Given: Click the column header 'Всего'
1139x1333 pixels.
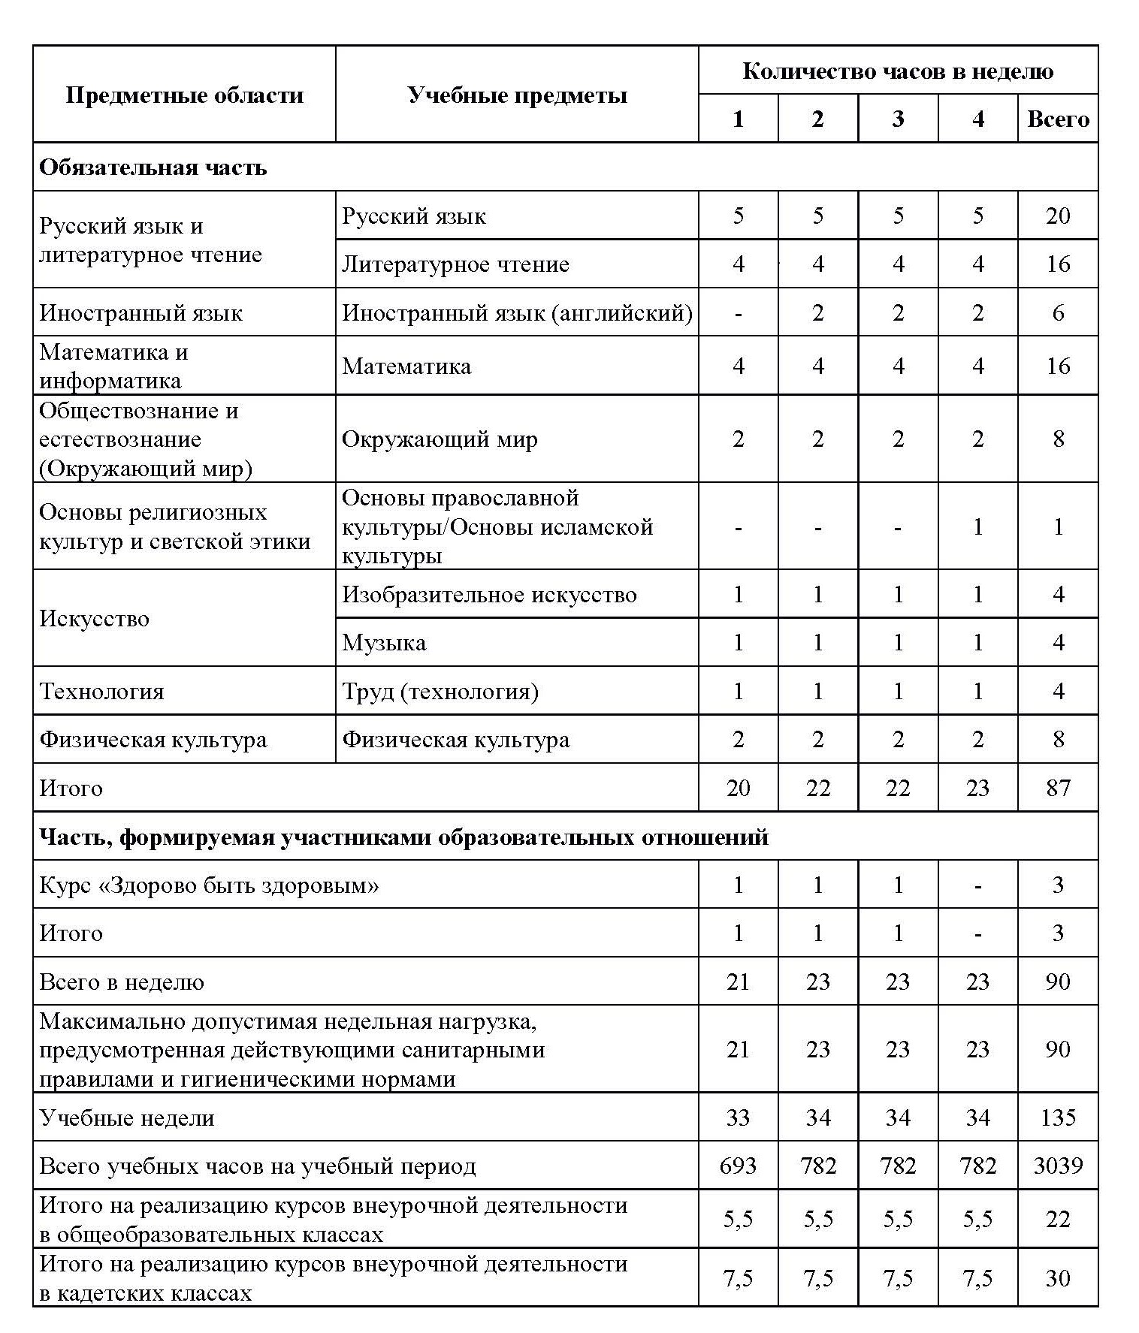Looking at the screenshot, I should tap(1057, 119).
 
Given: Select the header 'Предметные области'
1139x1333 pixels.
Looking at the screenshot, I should tap(184, 95).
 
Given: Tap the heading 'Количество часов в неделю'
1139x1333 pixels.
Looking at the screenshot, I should tap(898, 71).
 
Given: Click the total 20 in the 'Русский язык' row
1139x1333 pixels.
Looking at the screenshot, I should tap(1057, 216).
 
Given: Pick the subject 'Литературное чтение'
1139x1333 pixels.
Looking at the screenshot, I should tap(455, 264).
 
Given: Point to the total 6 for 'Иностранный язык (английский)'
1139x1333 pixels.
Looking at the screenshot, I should tap(1057, 312).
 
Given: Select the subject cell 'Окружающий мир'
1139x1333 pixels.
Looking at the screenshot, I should tap(440, 439).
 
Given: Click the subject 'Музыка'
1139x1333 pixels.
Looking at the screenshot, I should tap(384, 643).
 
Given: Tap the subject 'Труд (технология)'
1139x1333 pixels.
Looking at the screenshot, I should tap(440, 691).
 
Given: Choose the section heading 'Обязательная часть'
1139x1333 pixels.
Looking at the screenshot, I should tap(153, 167).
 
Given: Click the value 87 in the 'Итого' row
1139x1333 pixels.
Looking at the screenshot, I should tap(1057, 788).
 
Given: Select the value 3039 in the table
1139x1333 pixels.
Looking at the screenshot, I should tap(1057, 1166).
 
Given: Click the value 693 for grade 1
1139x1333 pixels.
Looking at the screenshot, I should tap(738, 1166).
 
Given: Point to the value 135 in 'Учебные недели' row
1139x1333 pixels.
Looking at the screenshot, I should tap(1057, 1117).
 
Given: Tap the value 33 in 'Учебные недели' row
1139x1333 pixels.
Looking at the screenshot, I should tap(738, 1117).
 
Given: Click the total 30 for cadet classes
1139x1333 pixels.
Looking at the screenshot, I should tap(1057, 1278).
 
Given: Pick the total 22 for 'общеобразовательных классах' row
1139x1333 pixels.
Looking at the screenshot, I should tap(1057, 1219).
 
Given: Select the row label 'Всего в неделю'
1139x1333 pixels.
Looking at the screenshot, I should tap(122, 982).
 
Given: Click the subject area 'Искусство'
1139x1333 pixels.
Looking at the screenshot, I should tap(95, 619).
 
